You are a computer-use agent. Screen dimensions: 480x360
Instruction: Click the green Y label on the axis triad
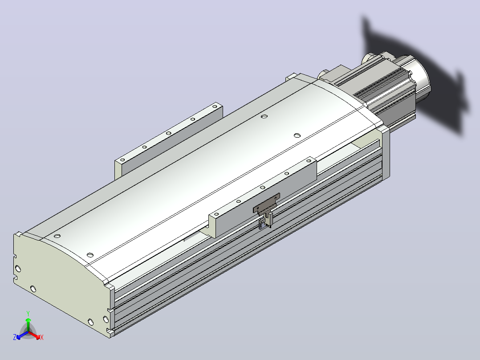28,313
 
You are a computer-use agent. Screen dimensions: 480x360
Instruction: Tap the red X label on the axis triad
42,337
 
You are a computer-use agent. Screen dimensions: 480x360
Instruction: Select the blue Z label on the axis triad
15,337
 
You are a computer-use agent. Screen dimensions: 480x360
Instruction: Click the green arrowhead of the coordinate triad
28,320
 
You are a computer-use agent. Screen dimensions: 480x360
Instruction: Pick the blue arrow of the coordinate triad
22,335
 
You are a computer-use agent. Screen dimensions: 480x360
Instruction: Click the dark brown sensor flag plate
266,203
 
